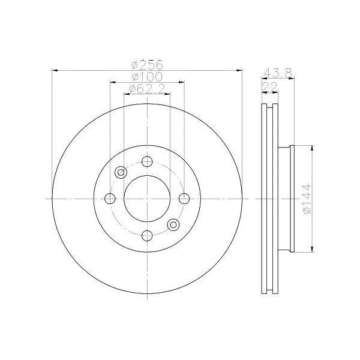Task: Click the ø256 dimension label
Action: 147,65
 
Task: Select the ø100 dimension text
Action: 147,77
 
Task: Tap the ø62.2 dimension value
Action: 147,89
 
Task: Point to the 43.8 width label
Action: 278,73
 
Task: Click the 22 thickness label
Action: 270,87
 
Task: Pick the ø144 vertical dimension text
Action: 307,199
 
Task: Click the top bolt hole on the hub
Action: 147,161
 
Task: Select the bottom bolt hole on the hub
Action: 147,236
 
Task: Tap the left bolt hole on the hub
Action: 110,199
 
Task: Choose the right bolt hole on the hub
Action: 184,199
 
